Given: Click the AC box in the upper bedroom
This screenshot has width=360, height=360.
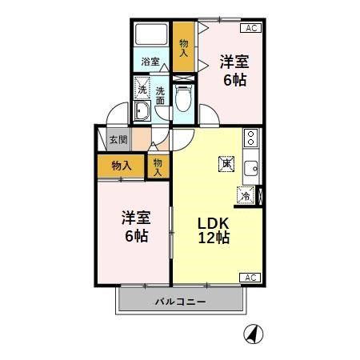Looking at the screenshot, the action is click(x=250, y=28).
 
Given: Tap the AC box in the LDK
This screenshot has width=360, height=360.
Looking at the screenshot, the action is click(x=250, y=278).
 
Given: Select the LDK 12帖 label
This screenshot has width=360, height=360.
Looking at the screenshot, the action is click(x=214, y=230).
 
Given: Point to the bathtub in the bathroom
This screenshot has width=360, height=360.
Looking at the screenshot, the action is click(x=151, y=34).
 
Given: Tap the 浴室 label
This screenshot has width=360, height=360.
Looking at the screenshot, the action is click(x=150, y=62).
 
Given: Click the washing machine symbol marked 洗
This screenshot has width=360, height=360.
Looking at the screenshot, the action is click(x=142, y=88).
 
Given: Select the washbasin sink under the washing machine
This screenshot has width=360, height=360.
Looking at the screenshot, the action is click(x=142, y=110).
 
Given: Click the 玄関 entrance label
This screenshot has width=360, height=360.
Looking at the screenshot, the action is click(x=118, y=139).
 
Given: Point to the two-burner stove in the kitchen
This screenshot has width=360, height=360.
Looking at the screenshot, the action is click(x=250, y=138).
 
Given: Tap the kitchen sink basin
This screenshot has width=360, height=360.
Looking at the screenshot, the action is click(x=251, y=169).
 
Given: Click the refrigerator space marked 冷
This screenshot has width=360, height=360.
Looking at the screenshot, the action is click(x=246, y=196).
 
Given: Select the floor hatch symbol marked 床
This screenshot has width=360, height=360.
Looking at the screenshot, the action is click(x=226, y=163).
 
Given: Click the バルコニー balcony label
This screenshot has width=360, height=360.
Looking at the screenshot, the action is click(x=181, y=302).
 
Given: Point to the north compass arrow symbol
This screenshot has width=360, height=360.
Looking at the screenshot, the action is click(x=254, y=334).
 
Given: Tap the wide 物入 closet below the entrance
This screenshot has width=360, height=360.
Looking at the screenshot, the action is click(x=122, y=166).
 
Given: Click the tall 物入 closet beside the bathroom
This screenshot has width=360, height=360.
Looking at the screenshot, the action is click(x=183, y=46).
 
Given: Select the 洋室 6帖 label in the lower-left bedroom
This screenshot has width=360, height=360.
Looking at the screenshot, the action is click(x=137, y=226).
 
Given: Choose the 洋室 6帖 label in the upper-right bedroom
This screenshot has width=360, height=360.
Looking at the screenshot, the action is click(x=234, y=70).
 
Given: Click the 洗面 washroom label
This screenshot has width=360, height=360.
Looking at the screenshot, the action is click(x=160, y=96).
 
